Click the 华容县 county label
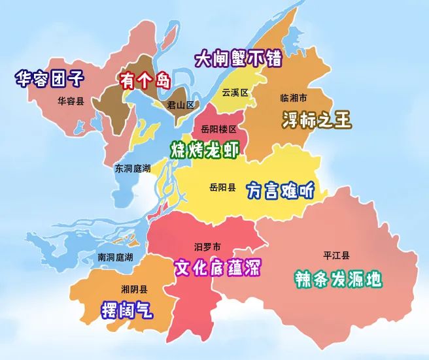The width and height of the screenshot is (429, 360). (x=71, y=101)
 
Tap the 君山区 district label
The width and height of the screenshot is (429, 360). (x=180, y=105)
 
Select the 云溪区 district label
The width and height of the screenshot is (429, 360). (x=235, y=93)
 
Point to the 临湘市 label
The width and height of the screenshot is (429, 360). (x=294, y=99)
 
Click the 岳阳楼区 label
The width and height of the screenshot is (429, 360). (x=219, y=129)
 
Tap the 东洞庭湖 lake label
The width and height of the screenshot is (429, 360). (x=133, y=168)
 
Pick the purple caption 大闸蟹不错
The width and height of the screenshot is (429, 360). (x=239, y=59)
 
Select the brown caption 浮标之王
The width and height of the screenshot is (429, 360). (x=317, y=120)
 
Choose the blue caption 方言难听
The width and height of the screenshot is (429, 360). (x=281, y=190)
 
